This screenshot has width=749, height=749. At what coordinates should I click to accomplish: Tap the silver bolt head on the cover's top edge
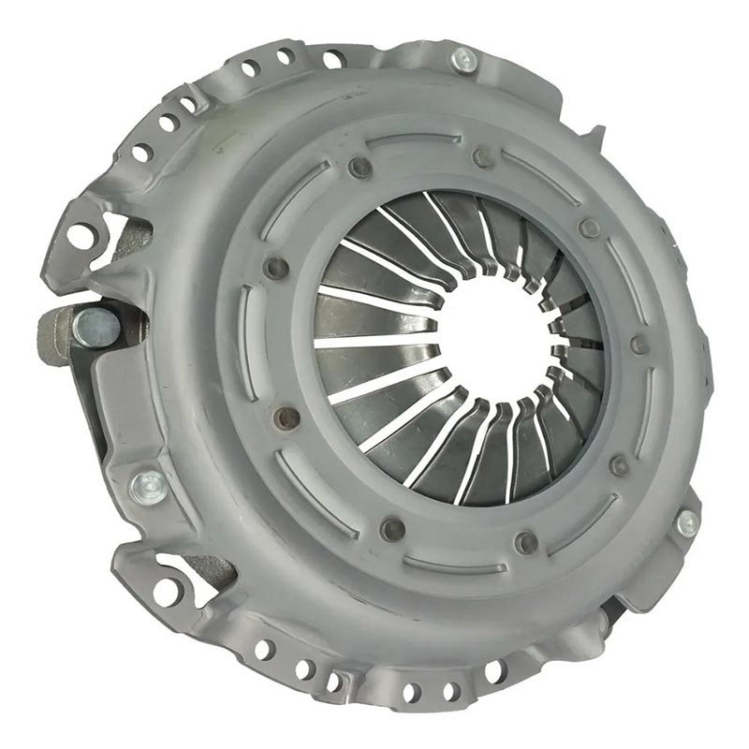[463, 61]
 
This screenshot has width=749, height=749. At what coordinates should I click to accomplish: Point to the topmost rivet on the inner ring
[482, 157]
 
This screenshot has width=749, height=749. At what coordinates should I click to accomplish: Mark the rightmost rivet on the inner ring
[639, 345]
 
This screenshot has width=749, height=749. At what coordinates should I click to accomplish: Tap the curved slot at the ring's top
[413, 141]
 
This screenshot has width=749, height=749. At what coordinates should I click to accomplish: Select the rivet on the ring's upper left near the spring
[360, 169]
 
